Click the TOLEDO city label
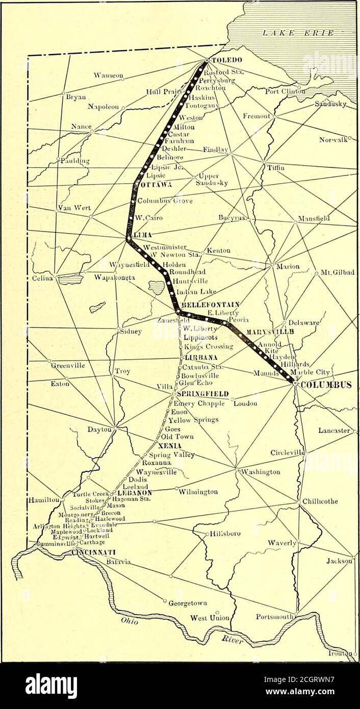(x=225, y=60)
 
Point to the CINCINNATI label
(x=94, y=552)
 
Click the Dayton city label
(x=99, y=429)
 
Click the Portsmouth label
(x=274, y=615)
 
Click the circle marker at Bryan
(x=63, y=93)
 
